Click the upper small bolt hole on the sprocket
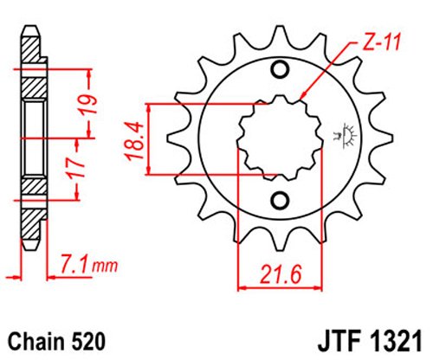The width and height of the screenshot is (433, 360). [279, 70]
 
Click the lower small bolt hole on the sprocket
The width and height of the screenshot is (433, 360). [279, 201]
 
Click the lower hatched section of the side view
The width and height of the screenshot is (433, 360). [30, 186]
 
